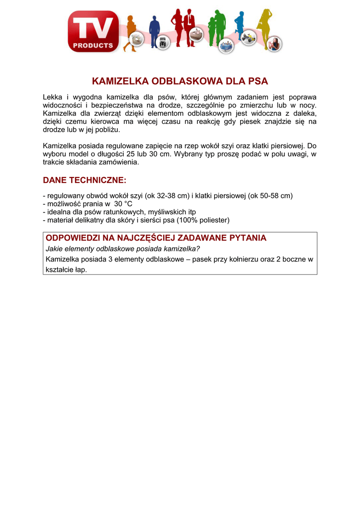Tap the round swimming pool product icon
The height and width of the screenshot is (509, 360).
tap(227, 46)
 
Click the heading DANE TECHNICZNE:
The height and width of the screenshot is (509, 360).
tap(85, 179)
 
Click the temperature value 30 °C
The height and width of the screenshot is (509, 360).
tap(123, 204)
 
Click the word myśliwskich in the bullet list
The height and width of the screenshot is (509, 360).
tap(167, 212)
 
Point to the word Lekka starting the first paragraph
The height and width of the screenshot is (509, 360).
tap(53, 97)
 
